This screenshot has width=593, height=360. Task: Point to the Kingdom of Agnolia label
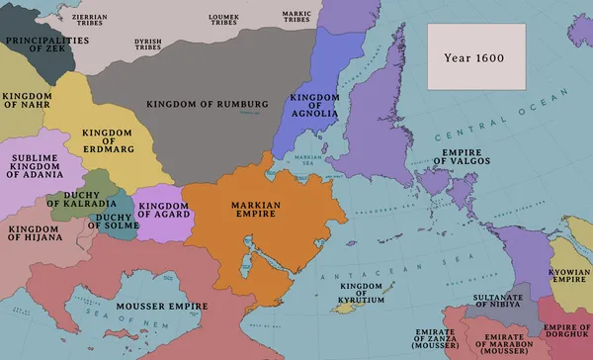tap(315, 104)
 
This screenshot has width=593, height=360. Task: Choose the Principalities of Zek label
tap(42, 45)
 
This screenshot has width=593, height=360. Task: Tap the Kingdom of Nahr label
tap(28, 102)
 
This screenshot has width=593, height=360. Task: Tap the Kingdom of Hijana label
tap(37, 233)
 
